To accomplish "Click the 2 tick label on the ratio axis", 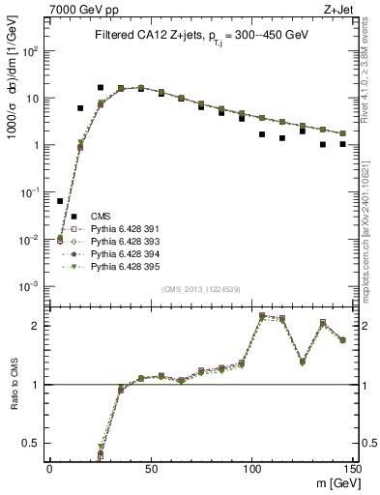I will point(40,326).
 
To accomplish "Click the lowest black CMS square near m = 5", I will point(60,201).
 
